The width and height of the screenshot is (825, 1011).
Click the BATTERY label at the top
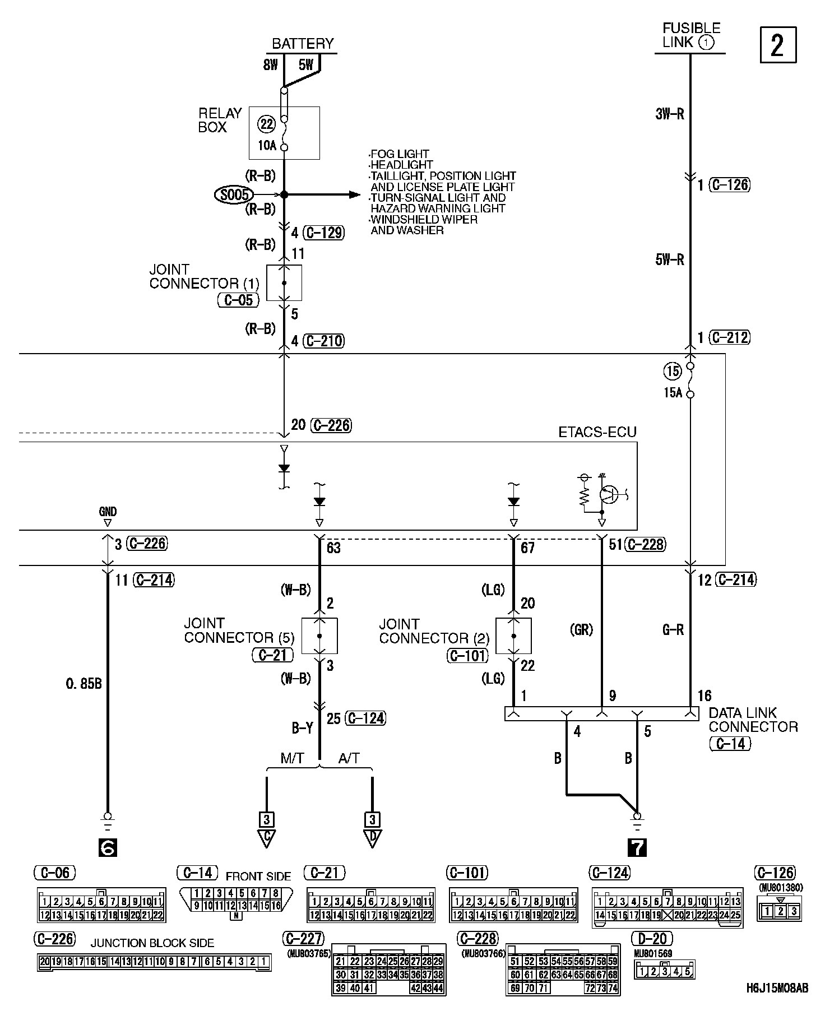(302, 44)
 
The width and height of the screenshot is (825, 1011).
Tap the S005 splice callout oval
(233, 194)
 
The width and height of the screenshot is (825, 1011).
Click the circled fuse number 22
(266, 124)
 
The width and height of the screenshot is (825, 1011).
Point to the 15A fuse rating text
(673, 392)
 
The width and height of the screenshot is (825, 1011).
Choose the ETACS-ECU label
(597, 432)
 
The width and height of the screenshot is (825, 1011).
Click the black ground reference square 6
(107, 847)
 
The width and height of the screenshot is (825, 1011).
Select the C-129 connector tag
(323, 233)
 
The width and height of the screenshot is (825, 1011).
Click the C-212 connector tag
(729, 337)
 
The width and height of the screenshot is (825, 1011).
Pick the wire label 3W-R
(669, 114)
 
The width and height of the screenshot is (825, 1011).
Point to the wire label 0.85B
(84, 684)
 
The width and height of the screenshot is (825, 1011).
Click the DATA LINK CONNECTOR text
(753, 720)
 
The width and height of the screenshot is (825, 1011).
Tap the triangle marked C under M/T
(267, 838)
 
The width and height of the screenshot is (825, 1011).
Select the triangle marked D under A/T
(372, 838)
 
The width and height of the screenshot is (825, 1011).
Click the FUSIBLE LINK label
(691, 35)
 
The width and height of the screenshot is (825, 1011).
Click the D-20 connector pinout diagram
(664, 970)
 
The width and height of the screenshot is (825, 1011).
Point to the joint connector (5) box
(319, 636)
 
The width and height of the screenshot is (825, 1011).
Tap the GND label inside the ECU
(108, 512)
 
